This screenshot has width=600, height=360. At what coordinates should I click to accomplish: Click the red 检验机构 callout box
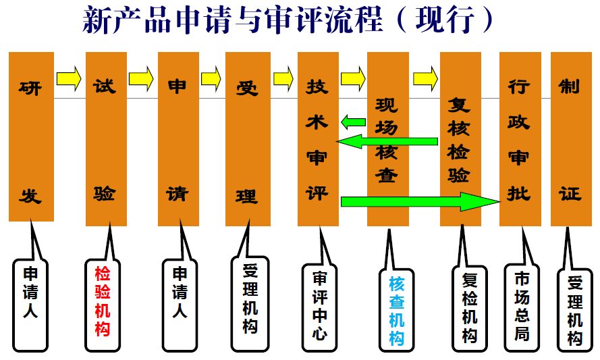[103, 305]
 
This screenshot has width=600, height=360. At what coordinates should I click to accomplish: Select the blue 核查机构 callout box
[396, 310]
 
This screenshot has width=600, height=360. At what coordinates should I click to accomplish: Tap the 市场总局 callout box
[522, 307]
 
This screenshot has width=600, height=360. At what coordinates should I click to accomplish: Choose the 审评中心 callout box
[319, 307]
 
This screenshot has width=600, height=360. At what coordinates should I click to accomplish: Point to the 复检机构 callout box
[470, 308]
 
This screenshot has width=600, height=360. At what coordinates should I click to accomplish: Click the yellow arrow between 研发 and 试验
[69, 78]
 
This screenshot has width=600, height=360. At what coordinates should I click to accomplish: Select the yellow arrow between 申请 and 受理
[211, 78]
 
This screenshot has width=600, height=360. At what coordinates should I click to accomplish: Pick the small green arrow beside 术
[353, 122]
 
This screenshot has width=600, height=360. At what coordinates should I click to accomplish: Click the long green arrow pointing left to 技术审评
[387, 141]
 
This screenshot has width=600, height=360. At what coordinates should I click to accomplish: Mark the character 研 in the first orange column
[30, 88]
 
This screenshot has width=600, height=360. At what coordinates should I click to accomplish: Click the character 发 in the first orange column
[30, 196]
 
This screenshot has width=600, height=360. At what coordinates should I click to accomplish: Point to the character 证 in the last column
[570, 193]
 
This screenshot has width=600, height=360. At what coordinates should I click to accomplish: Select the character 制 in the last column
[570, 86]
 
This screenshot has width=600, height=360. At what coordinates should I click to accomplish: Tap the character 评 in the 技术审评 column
[317, 192]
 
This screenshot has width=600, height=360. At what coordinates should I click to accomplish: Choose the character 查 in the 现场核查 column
[387, 176]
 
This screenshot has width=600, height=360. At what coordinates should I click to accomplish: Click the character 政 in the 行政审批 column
[519, 122]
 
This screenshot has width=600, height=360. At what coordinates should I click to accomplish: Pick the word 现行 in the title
[445, 19]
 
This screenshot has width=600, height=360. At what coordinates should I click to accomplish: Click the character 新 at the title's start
[97, 19]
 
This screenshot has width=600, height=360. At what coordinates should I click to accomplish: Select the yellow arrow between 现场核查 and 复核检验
[425, 78]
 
